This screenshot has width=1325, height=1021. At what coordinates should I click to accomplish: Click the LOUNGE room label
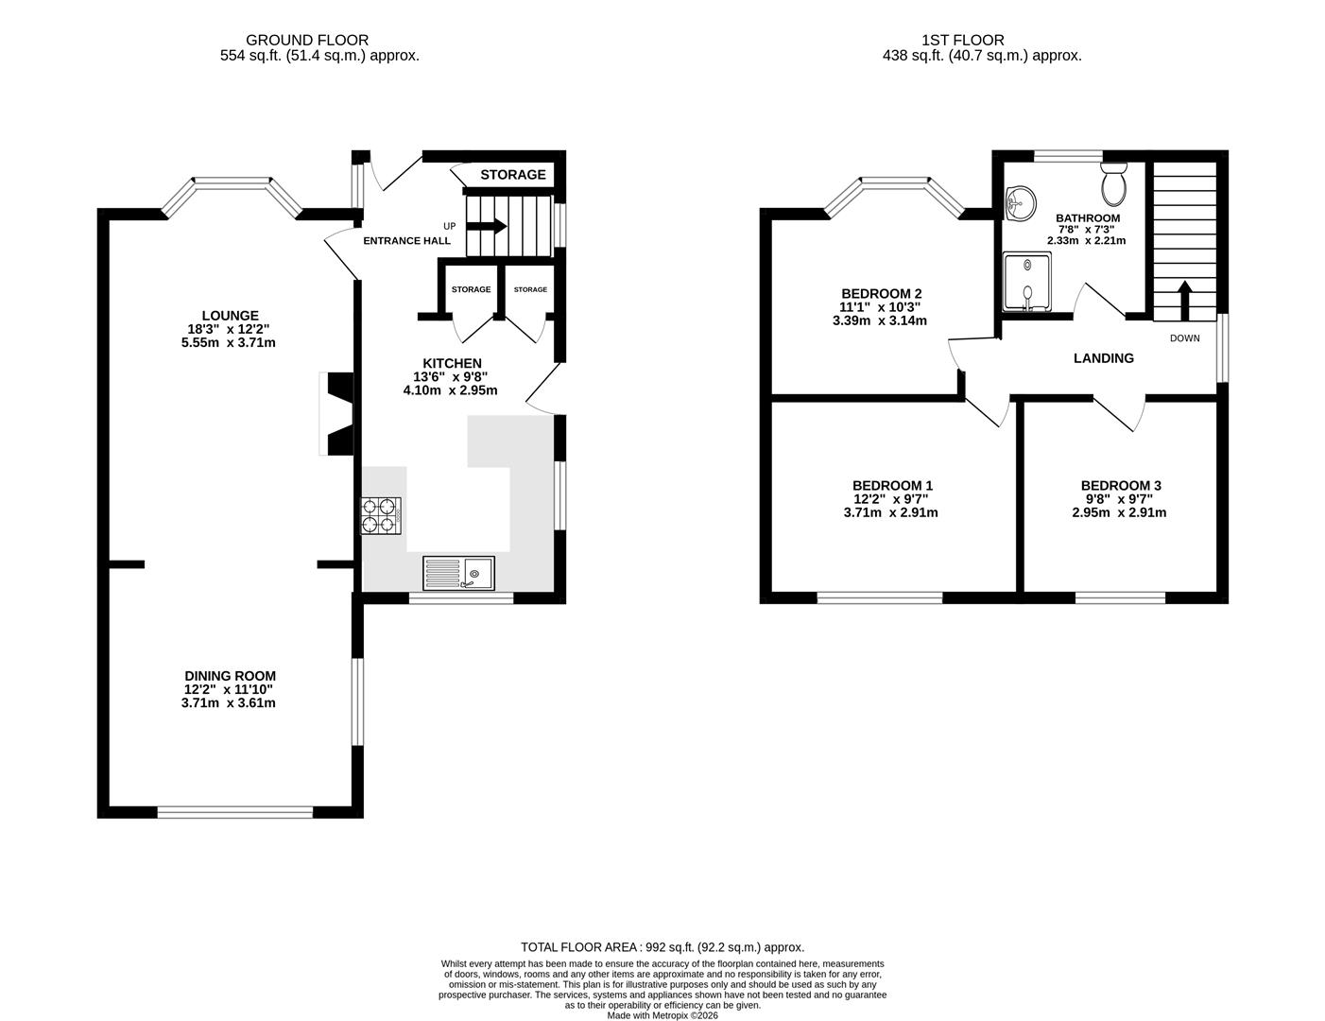(x=230, y=316)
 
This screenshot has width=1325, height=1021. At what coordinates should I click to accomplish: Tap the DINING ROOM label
(x=230, y=676)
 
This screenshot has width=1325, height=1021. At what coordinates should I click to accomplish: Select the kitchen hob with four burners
(x=380, y=518)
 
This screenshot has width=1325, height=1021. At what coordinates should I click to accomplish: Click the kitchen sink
(x=458, y=573)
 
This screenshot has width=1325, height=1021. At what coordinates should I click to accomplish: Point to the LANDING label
(x=1103, y=358)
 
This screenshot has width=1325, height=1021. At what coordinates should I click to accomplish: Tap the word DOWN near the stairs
(x=1184, y=338)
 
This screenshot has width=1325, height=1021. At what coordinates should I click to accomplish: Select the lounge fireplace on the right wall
(x=338, y=413)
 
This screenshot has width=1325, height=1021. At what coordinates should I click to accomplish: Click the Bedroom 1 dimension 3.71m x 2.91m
(x=890, y=513)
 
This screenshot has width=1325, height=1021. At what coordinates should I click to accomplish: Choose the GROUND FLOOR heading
(x=307, y=40)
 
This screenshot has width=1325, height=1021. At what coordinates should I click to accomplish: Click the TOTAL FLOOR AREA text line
(x=662, y=946)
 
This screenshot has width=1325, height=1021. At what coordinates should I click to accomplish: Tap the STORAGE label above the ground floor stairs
(x=512, y=175)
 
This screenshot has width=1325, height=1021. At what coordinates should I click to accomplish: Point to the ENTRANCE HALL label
(x=406, y=241)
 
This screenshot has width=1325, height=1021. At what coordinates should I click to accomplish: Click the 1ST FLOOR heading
(x=963, y=40)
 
